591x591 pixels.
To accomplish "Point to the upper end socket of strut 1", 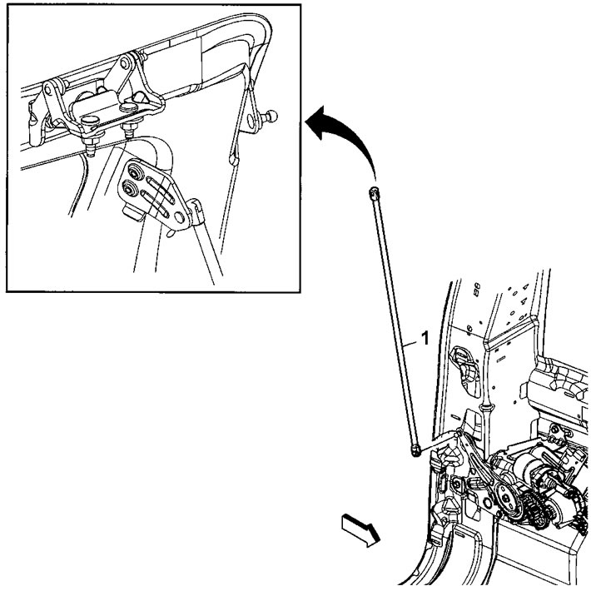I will (x=374, y=193).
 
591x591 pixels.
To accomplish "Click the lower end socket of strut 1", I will (x=414, y=450).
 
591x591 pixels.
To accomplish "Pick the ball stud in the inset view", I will (x=272, y=115).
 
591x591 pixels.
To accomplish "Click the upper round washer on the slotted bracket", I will (x=131, y=173).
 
